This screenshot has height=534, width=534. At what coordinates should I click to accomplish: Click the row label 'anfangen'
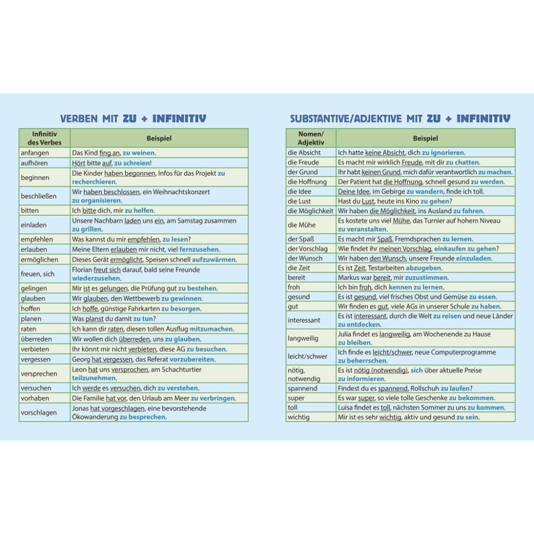[x=35, y=153]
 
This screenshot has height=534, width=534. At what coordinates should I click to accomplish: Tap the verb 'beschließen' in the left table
[x=39, y=196]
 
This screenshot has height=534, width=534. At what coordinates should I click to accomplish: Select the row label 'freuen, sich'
[x=38, y=274]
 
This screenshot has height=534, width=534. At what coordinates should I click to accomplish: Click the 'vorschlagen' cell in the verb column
[x=39, y=412]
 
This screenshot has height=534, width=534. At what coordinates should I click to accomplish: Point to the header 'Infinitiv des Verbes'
[x=44, y=138]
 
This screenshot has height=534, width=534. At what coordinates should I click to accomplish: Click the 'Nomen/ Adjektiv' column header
[x=311, y=138]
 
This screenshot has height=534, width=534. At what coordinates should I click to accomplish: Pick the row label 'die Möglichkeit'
[x=310, y=211]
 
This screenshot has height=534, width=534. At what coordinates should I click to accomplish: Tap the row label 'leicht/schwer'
[x=308, y=356]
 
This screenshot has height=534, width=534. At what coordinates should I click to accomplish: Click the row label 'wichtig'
[x=299, y=417]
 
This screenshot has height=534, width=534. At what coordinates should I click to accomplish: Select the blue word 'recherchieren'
[x=94, y=182]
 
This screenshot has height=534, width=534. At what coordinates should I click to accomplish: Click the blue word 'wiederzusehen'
[x=95, y=278]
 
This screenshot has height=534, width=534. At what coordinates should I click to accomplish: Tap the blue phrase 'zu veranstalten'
[x=362, y=229]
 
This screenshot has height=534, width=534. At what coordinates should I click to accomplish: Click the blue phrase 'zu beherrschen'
[x=362, y=361]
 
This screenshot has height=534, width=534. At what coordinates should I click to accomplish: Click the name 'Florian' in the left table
[x=82, y=270]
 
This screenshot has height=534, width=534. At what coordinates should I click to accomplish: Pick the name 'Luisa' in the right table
[x=347, y=408]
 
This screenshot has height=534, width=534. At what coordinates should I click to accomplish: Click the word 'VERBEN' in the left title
[x=79, y=119]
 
